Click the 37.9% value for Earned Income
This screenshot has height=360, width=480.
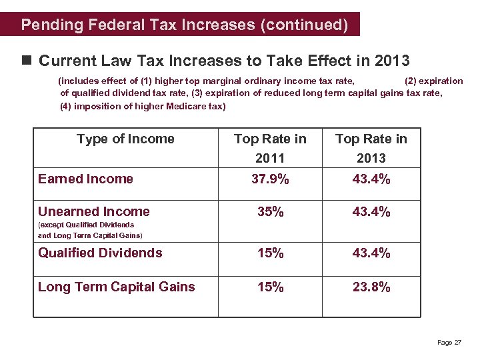pyautogui.click(x=270, y=179)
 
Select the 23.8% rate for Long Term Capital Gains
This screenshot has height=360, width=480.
pyautogui.click(x=371, y=287)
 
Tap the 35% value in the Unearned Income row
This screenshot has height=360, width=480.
pyautogui.click(x=271, y=212)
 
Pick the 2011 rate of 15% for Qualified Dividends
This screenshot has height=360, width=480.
pyautogui.click(x=271, y=253)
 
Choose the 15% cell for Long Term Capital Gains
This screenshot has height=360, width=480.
pyautogui.click(x=271, y=287)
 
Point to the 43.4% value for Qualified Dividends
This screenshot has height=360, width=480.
pyautogui.click(x=371, y=253)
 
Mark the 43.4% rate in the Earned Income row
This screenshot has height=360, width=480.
pyautogui.click(x=371, y=179)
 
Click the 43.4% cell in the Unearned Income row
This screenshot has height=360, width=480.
pyautogui.click(x=371, y=212)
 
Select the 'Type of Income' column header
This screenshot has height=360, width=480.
pyautogui.click(x=125, y=139)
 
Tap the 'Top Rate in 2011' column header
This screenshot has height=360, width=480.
pyautogui.click(x=270, y=148)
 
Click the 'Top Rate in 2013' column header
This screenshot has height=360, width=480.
pyautogui.click(x=371, y=148)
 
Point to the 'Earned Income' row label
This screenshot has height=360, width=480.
pyautogui.click(x=85, y=179)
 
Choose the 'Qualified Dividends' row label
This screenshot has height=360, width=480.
pyautogui.click(x=100, y=253)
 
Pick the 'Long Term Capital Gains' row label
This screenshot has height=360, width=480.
pyautogui.click(x=117, y=287)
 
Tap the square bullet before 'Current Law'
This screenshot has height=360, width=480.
pyautogui.click(x=27, y=61)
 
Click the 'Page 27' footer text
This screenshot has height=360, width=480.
pyautogui.click(x=449, y=343)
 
